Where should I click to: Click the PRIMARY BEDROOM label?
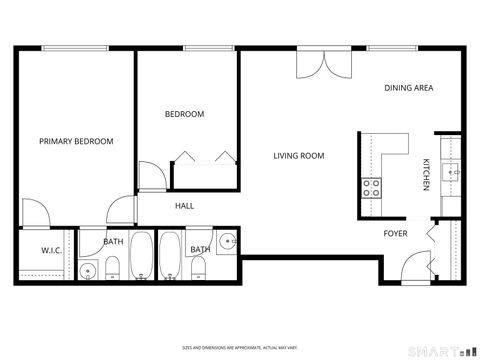[x=76, y=142]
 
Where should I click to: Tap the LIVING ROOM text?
[x=300, y=155]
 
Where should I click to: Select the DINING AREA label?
[x=408, y=88]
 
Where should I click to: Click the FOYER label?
[x=396, y=234]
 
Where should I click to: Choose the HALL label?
[x=185, y=206]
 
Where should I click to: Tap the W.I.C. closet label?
[x=53, y=250]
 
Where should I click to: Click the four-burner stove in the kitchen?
[x=371, y=187]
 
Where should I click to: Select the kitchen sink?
[x=451, y=173]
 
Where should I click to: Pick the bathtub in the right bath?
[x=170, y=258]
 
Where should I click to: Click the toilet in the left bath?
[x=113, y=267]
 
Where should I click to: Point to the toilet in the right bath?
[x=198, y=267]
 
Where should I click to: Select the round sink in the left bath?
[x=88, y=271]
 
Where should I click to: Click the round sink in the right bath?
[x=227, y=241]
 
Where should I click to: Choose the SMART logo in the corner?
[x=441, y=351]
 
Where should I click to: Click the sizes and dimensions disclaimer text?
[x=240, y=349]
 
